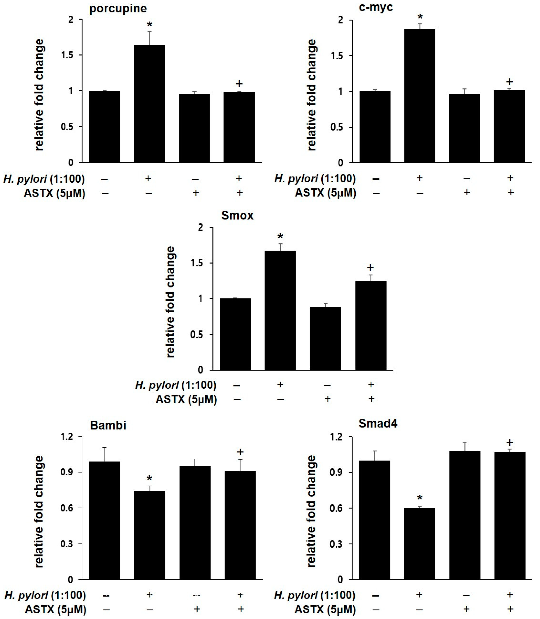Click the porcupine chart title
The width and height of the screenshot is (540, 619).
coord(118,8)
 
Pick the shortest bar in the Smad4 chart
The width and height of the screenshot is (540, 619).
coord(420,543)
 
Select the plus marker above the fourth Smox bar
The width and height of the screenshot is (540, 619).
coord(370,267)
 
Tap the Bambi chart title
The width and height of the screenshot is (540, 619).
coord(108,426)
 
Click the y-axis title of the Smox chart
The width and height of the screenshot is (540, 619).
coord(170,302)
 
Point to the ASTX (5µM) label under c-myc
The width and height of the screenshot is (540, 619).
coord(325,193)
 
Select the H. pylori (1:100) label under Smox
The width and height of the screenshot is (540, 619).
coord(176,385)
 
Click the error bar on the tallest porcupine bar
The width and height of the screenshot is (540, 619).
coord(150,37)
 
